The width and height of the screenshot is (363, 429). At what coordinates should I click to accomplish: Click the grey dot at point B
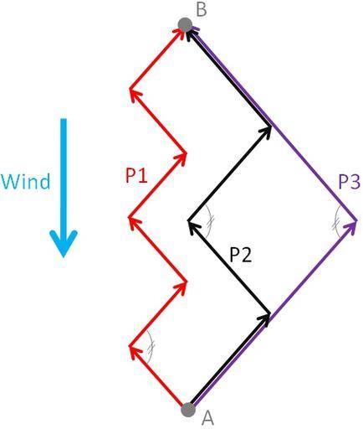pyautogui.click(x=185, y=24)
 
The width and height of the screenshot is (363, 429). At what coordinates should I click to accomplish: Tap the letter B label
pyautogui.click(x=202, y=9)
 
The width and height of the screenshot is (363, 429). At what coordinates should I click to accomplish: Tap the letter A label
pyautogui.click(x=207, y=419)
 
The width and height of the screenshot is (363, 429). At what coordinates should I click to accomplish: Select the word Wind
pyautogui.click(x=26, y=181)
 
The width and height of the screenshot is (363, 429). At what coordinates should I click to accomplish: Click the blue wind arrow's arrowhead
pyautogui.click(x=64, y=243)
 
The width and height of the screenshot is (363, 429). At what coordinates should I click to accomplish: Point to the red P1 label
pyautogui.click(x=136, y=176)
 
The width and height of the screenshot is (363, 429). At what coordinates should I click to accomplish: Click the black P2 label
pyautogui.click(x=241, y=255)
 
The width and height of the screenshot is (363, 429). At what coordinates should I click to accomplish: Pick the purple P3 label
pyautogui.click(x=350, y=183)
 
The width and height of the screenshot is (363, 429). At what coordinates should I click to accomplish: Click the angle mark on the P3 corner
pyautogui.click(x=336, y=222)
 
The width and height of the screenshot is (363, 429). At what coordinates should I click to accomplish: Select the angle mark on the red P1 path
pyautogui.click(x=151, y=347)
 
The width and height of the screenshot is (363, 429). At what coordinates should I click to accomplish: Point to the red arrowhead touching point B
pyautogui.click(x=178, y=34)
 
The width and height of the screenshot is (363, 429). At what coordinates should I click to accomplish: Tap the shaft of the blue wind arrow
pyautogui.click(x=64, y=178)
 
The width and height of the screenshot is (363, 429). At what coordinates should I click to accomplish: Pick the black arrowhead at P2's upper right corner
pyautogui.click(x=265, y=132)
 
